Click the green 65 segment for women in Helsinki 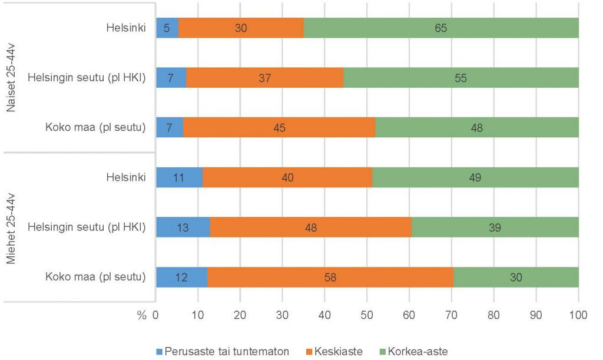pos(440,28)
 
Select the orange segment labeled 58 pos(330,277)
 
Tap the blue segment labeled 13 pos(183,227)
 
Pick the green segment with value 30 pos(516,277)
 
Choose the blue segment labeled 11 pos(179,177)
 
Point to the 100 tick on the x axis pos(578,315)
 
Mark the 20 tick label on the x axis pos(240,315)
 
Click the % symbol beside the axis pos(141,315)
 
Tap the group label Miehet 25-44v pos(10,227)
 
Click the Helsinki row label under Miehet pos(126,177)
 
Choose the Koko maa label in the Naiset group pos(95,127)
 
